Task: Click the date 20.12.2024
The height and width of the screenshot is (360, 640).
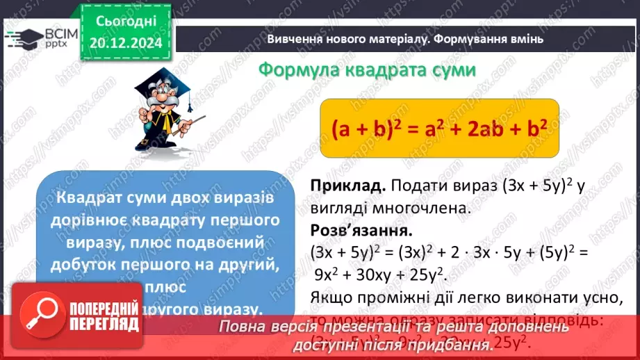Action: tap(126, 43)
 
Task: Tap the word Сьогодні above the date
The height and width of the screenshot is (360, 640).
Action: tap(126, 22)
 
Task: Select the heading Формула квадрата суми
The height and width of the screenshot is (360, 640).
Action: tap(367, 71)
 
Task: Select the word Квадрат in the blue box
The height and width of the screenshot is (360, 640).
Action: tap(90, 198)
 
